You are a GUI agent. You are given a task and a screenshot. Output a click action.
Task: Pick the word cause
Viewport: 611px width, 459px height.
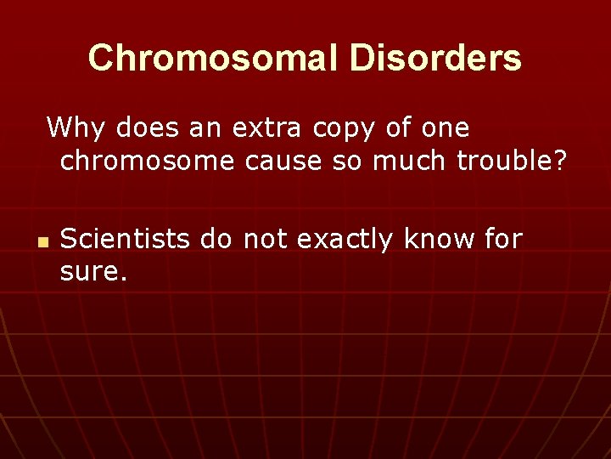[x=277, y=160]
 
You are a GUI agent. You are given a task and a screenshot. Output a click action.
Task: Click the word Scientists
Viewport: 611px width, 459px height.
[x=126, y=240]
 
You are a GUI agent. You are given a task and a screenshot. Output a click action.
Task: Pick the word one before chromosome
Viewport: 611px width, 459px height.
[x=446, y=128]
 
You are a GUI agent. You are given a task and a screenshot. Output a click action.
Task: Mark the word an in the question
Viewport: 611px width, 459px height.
[x=204, y=128]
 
